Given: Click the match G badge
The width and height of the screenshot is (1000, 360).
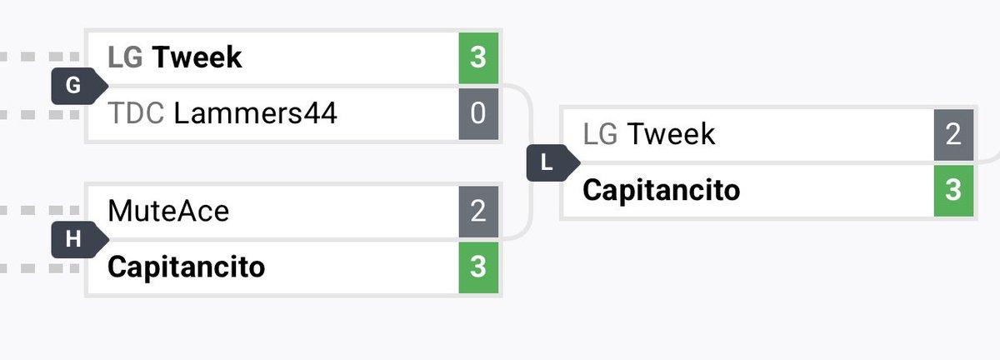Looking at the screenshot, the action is (79, 86).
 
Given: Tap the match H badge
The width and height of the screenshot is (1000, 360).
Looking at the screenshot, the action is (79, 239).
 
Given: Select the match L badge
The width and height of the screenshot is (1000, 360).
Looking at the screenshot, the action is (552, 162).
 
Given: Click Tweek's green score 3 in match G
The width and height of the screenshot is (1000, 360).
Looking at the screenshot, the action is (478, 57).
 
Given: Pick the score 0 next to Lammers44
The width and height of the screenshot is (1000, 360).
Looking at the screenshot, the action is (478, 113).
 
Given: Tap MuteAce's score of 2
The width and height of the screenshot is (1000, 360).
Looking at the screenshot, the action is (478, 212).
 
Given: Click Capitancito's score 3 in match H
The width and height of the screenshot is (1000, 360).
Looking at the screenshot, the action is (478, 267).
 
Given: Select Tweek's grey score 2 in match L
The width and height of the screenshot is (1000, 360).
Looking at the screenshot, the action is (953, 134).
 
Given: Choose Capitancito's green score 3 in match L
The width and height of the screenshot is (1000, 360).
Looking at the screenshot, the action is (953, 190).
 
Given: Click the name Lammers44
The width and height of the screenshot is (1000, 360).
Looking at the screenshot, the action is (255, 113).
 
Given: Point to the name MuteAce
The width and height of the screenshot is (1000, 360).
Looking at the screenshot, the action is (168, 211).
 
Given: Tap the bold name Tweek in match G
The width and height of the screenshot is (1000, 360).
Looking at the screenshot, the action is (197, 57).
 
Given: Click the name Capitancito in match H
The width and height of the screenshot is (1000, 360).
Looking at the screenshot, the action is (186, 267).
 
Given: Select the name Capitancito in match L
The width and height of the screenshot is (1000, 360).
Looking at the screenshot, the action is (661, 190).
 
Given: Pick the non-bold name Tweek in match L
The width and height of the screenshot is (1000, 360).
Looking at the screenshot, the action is (671, 134).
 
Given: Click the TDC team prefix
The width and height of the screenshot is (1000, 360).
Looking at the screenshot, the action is (136, 113).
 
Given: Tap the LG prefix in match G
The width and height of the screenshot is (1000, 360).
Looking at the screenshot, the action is (125, 57).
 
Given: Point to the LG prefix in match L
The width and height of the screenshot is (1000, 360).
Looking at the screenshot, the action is (600, 134).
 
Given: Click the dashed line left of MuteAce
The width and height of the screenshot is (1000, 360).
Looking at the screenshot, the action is (40, 210).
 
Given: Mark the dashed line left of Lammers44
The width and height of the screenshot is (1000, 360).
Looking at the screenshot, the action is (40, 115).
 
